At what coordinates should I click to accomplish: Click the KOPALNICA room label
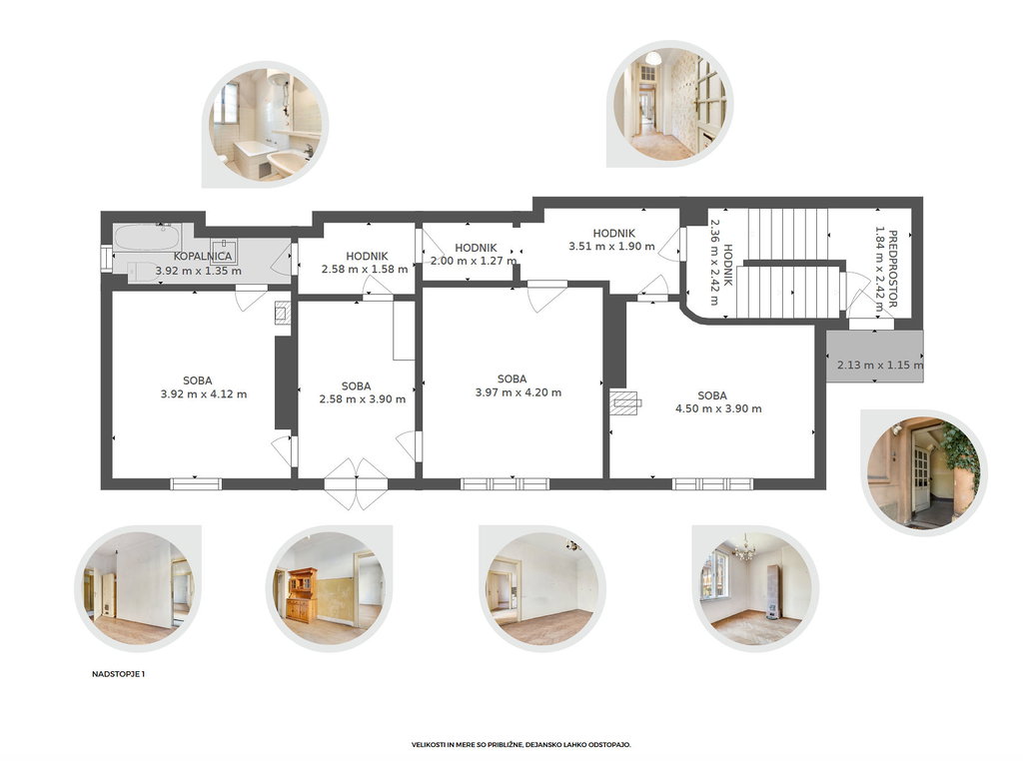(x=203, y=257)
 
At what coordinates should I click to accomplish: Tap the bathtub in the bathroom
(x=148, y=238)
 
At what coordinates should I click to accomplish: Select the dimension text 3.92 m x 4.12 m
(x=204, y=393)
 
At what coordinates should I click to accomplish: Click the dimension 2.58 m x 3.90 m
(x=362, y=399)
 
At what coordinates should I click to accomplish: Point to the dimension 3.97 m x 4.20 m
(x=518, y=392)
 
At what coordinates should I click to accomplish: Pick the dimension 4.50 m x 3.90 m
(x=718, y=408)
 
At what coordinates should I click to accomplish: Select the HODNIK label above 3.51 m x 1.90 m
(x=614, y=233)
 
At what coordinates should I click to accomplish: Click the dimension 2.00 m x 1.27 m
(x=474, y=261)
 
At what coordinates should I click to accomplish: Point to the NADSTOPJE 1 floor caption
(x=118, y=674)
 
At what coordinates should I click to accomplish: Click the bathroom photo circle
(x=265, y=125)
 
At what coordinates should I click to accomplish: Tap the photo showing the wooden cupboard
(x=329, y=588)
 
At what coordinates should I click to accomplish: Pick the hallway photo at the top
(x=669, y=104)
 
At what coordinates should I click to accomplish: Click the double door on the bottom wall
(x=357, y=483)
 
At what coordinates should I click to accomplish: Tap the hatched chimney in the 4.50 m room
(x=624, y=403)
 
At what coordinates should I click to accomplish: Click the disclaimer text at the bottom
(x=521, y=744)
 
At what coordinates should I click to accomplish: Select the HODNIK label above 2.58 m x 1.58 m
(x=368, y=257)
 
